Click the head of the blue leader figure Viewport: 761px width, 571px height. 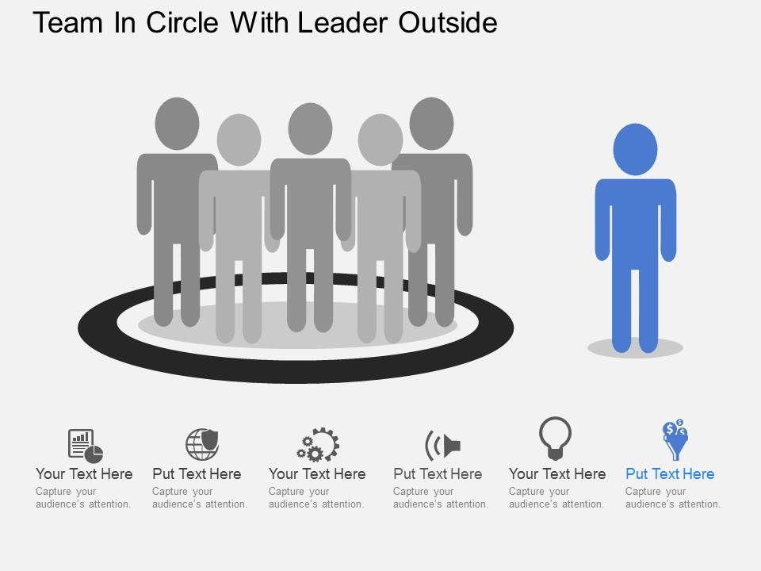(635, 150)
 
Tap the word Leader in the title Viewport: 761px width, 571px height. (337, 23)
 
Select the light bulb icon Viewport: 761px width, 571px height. (555, 439)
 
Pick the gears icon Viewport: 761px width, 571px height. (318, 445)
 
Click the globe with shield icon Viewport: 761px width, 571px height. (201, 443)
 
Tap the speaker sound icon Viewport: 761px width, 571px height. (442, 445)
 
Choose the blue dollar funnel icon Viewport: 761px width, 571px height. (675, 440)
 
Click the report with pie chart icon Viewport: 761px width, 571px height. (86, 445)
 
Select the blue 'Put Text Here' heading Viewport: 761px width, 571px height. (670, 473)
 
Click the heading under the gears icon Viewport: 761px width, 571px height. (317, 473)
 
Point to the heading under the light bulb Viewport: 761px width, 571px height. (557, 473)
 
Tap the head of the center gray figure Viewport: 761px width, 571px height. (309, 128)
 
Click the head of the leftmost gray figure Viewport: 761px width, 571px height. (177, 123)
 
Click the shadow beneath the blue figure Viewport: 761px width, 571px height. (635, 347)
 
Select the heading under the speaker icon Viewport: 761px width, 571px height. (438, 473)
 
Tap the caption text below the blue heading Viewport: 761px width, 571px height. (672, 497)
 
